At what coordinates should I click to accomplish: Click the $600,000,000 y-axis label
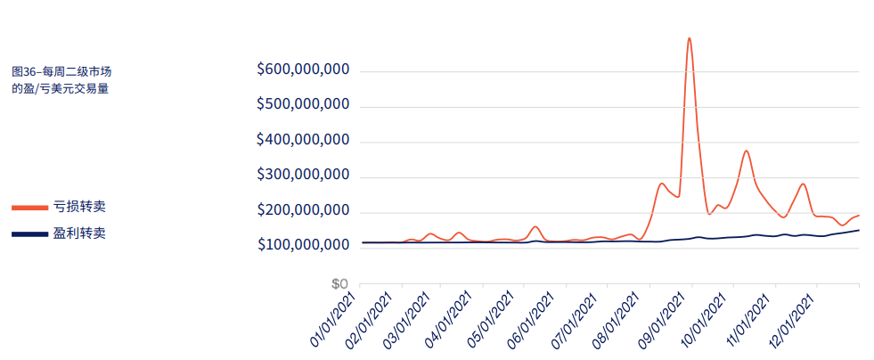tap(302, 70)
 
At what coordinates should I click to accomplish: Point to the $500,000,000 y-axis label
tap(302, 105)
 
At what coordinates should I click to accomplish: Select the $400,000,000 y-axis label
tap(302, 140)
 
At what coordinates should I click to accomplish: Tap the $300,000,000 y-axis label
tap(302, 176)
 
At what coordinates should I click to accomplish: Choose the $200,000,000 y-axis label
tap(302, 211)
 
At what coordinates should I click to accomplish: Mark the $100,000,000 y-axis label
tap(302, 246)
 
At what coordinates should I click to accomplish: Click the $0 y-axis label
tap(339, 283)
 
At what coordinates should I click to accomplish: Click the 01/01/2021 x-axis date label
tap(336, 316)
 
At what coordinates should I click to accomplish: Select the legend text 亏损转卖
tap(80, 207)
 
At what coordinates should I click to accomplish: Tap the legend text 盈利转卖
tap(80, 233)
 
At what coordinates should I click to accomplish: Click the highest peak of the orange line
tap(690, 38)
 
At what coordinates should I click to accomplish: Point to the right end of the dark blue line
tap(859, 230)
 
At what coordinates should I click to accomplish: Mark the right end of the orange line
tap(859, 215)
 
